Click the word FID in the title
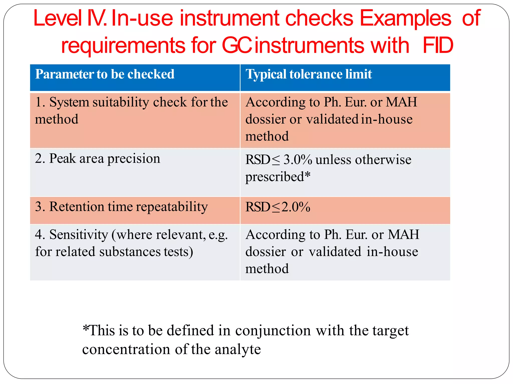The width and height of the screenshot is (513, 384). click(438, 45)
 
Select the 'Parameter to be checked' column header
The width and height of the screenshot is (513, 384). click(105, 74)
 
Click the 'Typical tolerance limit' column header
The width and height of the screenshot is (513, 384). click(309, 74)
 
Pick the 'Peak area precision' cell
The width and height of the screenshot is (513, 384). click(97, 158)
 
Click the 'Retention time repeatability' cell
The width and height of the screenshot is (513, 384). click(121, 207)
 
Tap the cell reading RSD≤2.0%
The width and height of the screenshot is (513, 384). click(278, 207)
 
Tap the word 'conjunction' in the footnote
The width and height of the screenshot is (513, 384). click(273, 331)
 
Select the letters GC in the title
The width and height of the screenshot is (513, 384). click(237, 45)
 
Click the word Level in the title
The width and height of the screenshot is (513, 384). click(58, 18)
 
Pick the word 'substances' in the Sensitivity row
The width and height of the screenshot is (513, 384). click(130, 252)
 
